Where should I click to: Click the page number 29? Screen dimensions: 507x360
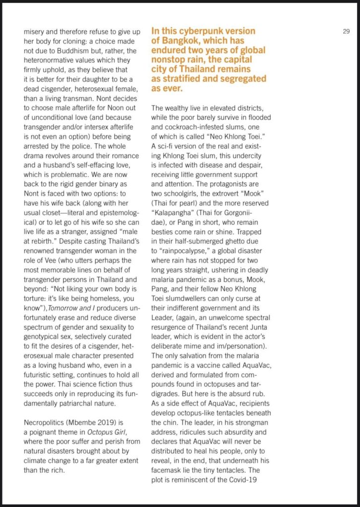[347, 31]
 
